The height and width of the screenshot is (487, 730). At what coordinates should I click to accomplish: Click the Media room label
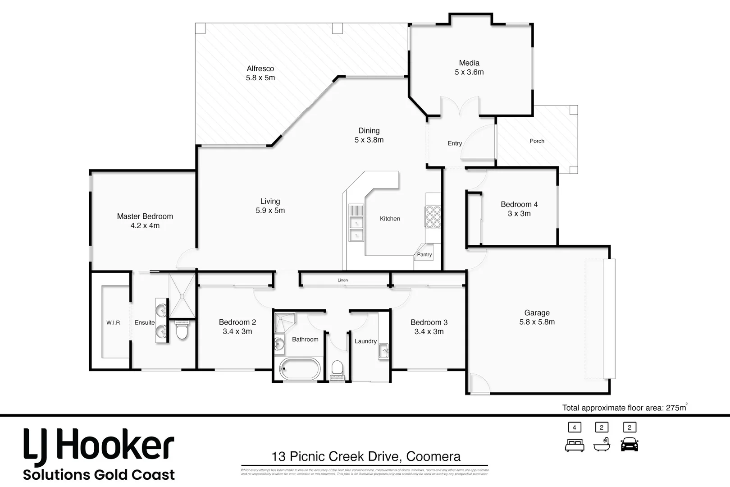tap(469, 63)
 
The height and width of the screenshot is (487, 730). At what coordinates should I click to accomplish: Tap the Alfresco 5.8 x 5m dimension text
tap(260, 78)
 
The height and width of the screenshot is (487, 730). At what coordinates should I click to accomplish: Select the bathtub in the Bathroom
tap(299, 369)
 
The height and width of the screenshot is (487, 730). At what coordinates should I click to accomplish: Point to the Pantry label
tap(424, 255)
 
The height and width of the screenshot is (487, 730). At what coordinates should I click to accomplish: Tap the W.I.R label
tap(113, 323)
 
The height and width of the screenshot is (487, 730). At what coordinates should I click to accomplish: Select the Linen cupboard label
tap(343, 280)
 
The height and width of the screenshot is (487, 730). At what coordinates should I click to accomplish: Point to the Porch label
tap(537, 141)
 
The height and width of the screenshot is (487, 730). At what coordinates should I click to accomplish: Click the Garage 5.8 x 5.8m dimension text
tap(537, 322)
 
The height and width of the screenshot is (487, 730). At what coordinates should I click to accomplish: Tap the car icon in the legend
tap(630, 444)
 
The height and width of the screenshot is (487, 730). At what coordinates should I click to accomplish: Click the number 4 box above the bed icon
tap(575, 427)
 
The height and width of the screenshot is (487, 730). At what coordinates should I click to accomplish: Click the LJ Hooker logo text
tap(99, 446)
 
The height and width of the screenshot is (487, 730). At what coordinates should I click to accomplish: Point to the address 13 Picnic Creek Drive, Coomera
tap(365, 456)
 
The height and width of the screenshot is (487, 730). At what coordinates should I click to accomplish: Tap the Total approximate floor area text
tap(624, 408)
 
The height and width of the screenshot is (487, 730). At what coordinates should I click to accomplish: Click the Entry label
tap(455, 143)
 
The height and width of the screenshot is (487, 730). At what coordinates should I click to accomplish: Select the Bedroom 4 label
tap(519, 204)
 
